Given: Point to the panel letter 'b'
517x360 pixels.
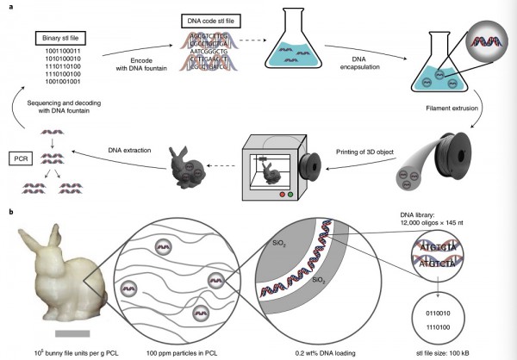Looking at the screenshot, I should [x=9, y=210].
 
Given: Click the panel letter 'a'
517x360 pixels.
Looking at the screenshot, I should [x=9, y=6].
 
